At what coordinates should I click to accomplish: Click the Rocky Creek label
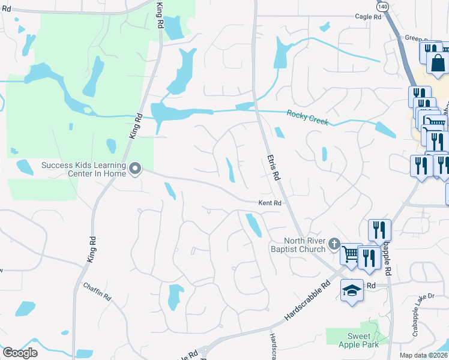307,116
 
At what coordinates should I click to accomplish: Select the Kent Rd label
270,203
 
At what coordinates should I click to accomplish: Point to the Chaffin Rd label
97,292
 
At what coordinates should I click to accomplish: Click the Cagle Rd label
368,17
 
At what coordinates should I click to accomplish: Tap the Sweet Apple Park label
359,341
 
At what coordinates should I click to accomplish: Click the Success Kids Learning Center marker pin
135,169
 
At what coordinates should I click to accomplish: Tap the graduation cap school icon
352,291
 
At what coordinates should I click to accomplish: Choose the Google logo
19,353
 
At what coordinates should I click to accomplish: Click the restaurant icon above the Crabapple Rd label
379,229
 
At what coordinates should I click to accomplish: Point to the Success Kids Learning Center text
84,169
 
